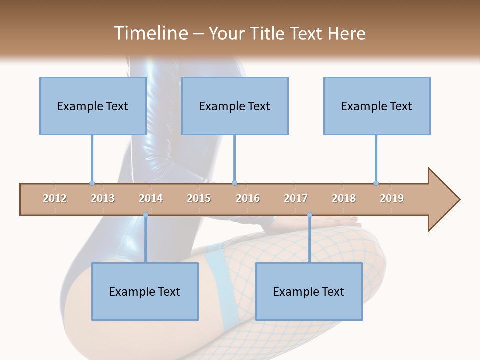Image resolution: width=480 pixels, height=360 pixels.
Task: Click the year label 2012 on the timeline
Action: pos(55,198)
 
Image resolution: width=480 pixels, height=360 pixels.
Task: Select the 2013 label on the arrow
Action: pos(103,198)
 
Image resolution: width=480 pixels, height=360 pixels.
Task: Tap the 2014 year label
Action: pos(151,198)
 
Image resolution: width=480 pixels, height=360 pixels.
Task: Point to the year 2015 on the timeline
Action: pos(199,198)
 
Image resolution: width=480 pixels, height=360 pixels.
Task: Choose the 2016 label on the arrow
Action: pos(248,198)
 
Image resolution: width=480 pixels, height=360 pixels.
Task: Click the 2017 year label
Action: pos(296,198)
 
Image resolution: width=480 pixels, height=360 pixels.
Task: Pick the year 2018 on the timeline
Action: pos(344,198)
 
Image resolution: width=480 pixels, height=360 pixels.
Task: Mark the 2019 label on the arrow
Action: pos(392,198)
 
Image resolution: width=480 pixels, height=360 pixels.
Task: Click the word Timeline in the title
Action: pos(149,33)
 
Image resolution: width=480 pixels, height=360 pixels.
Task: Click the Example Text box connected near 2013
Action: pos(93,106)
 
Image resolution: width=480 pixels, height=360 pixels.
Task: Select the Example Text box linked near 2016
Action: pos(235,106)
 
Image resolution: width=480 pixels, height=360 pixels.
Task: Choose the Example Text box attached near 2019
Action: pos(377,106)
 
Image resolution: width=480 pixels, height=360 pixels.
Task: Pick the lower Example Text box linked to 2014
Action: pos(145,291)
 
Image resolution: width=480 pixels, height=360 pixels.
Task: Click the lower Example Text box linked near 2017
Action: pos(309,291)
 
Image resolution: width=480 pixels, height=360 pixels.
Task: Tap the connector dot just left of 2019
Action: pos(376,183)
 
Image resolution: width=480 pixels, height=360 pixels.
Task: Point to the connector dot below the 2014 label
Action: pos(145,215)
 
